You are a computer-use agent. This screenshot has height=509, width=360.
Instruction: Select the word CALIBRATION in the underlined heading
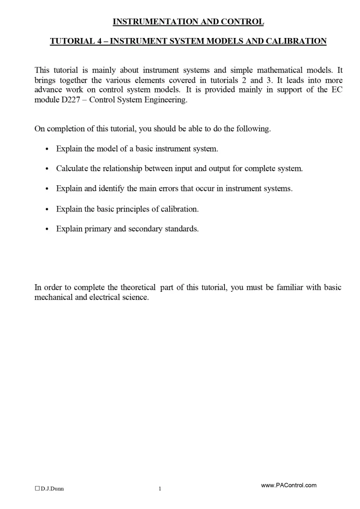pyautogui.click(x=296, y=41)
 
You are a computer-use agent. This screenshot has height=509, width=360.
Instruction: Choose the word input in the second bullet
pyautogui.click(x=202, y=168)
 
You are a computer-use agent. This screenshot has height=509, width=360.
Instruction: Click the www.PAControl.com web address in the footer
pyautogui.click(x=289, y=485)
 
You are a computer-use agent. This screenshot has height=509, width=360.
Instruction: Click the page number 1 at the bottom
pyautogui.click(x=160, y=489)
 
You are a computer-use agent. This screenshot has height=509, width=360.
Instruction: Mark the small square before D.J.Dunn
pyautogui.click(x=37, y=488)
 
